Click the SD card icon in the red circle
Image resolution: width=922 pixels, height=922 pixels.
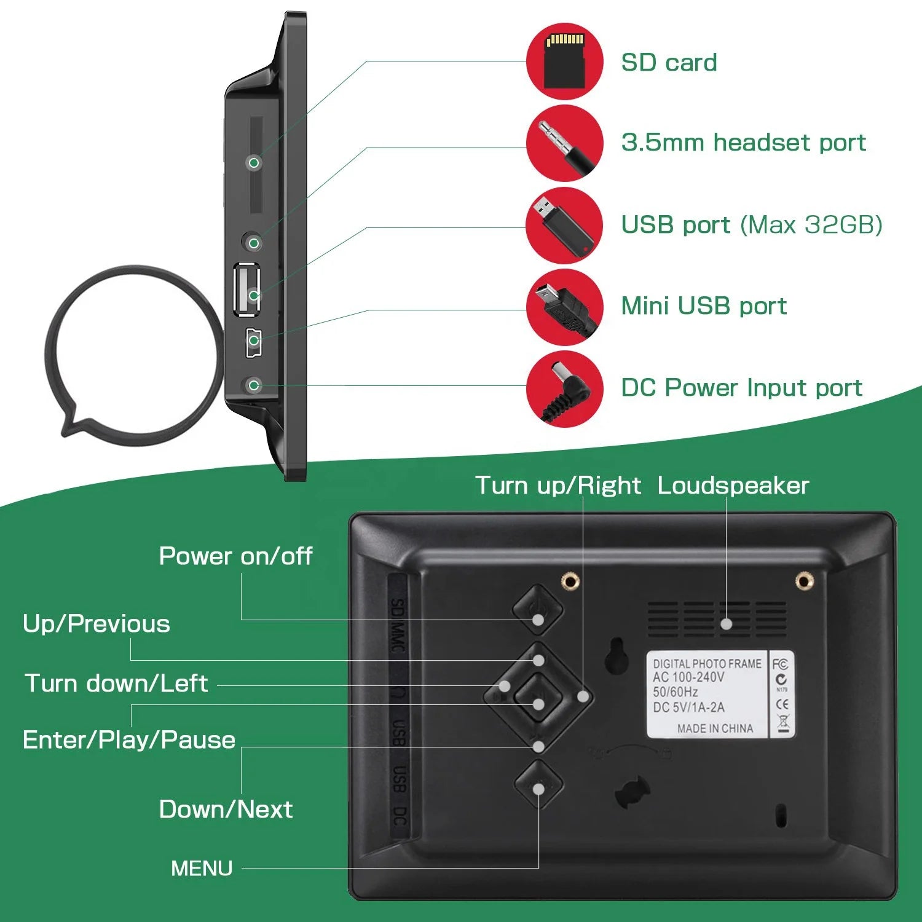[564, 61]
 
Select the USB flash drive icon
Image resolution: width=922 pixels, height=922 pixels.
[564, 226]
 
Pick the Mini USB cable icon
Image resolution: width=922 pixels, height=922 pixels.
[564, 307]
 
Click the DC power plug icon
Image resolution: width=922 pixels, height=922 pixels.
[564, 388]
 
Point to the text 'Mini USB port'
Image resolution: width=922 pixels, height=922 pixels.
[703, 306]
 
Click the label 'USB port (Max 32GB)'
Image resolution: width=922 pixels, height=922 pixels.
[751, 225]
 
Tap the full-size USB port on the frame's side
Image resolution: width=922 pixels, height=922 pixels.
[247, 289]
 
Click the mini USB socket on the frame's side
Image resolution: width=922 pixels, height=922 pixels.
[254, 342]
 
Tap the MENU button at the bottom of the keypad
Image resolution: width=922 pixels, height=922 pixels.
[538, 785]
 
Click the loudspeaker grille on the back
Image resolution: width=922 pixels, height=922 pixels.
[717, 618]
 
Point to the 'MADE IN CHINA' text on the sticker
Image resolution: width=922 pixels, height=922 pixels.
[715, 728]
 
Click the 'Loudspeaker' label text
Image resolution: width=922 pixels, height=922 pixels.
[733, 486]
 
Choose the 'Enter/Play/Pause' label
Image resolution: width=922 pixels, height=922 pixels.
[129, 740]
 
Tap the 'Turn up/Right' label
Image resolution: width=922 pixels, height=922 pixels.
[558, 486]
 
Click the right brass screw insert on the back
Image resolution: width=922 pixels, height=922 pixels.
[803, 580]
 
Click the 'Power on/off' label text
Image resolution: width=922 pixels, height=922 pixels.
[235, 556]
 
